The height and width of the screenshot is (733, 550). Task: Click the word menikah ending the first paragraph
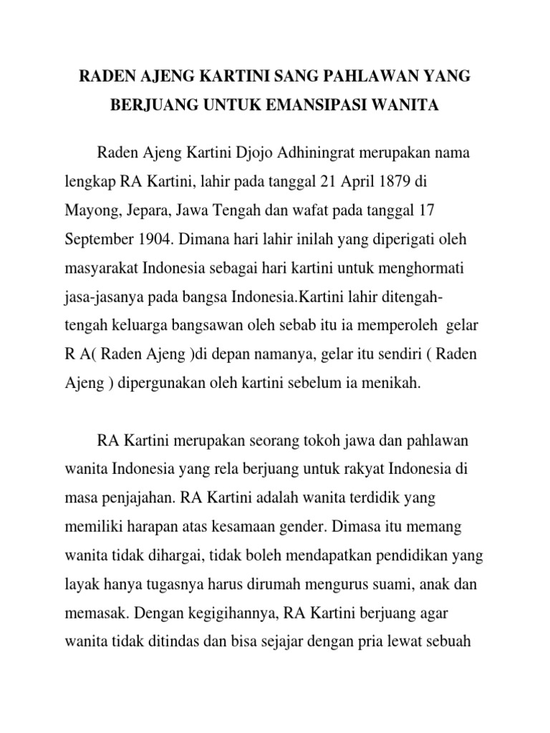tap(392, 383)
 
